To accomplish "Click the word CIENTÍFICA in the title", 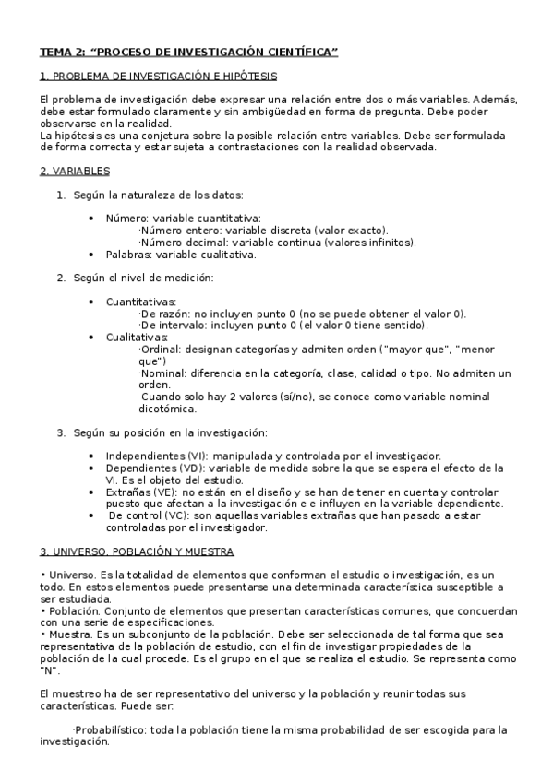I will [301, 53].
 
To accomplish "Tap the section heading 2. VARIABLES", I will [75, 171].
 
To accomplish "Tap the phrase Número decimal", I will [174, 243].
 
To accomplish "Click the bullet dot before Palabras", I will [90, 255].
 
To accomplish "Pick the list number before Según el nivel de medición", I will [61, 278].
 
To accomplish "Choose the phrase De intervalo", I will [168, 326].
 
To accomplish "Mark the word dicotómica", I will [167, 409].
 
